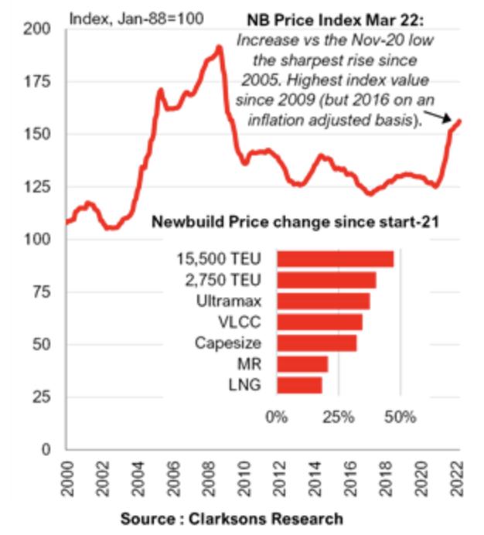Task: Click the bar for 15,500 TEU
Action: [335, 259]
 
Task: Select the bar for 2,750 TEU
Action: [326, 280]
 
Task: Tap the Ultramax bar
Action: [322, 301]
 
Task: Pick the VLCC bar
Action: [319, 322]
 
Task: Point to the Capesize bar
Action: [316, 342]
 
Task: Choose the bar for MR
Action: [302, 364]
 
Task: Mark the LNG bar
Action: [298, 385]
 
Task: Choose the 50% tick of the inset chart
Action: [400, 418]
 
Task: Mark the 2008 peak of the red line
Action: [220, 48]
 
